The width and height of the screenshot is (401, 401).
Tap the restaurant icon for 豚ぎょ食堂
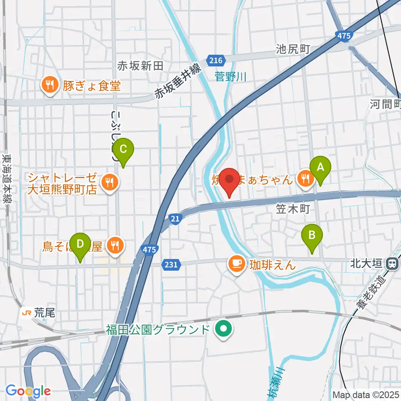tap(50, 85)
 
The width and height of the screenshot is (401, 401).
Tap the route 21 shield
tap(175, 218)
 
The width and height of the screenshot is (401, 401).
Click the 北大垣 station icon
tap(392, 264)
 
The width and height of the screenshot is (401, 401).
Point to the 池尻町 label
tap(292, 49)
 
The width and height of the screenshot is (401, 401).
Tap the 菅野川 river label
tap(231, 76)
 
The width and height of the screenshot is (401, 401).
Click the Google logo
tap(28, 391)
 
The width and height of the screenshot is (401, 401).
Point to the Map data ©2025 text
tap(366, 394)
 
